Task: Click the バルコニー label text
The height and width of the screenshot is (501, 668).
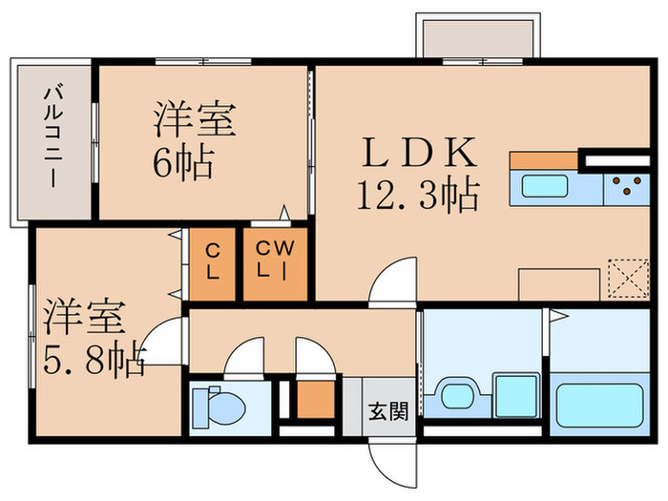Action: [x=52, y=137]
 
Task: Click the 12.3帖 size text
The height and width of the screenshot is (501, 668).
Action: [x=417, y=196]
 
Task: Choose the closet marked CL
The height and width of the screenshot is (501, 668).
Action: [x=215, y=261]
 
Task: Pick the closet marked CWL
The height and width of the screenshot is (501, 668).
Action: [x=275, y=261]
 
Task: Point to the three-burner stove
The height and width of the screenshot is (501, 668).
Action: [x=627, y=186]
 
